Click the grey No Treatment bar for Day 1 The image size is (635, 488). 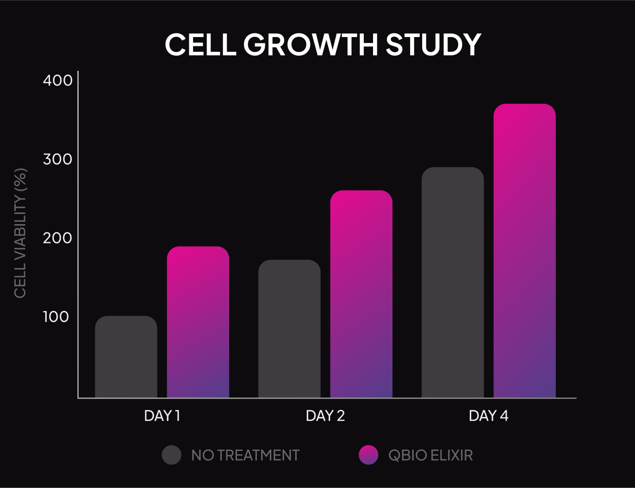pos(126,357)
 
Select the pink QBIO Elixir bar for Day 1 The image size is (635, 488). pos(198,322)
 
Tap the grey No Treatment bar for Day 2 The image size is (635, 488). pos(289,329)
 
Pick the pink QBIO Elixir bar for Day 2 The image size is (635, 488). pos(361,294)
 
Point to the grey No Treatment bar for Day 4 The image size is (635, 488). pos(453,282)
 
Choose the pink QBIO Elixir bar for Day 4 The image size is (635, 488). pos(524,250)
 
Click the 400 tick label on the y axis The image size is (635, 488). pos(58,81)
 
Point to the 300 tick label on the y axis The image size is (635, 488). pos(58,159)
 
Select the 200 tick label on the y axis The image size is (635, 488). pos(58,238)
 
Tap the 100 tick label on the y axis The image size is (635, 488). pos(56,317)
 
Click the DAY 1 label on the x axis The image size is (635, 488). pos(162,416)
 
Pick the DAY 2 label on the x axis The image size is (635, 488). pos(325,416)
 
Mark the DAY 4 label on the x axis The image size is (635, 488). pos(489,416)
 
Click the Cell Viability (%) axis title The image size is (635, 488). pos(20,233)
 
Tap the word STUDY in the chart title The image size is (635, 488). pos(433,45)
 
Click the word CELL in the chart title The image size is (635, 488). pos(201,45)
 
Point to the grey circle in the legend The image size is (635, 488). pos(172,455)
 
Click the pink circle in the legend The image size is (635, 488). pos(368,455)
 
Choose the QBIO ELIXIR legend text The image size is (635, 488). pos(430,455)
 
